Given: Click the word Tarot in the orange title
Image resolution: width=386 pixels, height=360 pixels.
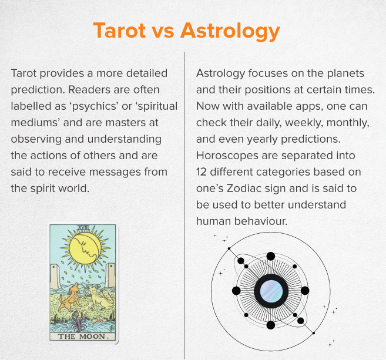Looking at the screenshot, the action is [120, 31].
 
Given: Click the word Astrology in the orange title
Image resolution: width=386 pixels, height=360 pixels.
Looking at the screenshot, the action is [230, 32].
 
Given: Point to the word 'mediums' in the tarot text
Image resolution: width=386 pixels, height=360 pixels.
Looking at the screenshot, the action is [34, 123].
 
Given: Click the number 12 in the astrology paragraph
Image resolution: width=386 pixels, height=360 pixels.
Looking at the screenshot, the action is [201, 172].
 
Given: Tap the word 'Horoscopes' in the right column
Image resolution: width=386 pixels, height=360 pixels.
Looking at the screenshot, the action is [227, 156].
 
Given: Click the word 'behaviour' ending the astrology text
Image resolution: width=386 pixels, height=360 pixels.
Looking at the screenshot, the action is [261, 221].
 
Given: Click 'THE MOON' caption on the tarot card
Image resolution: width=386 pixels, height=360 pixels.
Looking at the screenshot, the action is [82, 337].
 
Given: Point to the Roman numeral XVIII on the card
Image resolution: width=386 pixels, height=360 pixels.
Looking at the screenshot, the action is [83, 228].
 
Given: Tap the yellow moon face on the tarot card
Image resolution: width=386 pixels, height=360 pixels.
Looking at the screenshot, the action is [85, 249].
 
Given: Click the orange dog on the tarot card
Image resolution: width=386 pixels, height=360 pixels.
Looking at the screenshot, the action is [69, 297].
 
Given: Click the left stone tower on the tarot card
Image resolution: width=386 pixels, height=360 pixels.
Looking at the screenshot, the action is [55, 277].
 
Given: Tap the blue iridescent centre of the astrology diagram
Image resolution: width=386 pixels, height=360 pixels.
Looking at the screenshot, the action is [271, 291].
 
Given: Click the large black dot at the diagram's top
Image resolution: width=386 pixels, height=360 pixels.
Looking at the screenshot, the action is [271, 256].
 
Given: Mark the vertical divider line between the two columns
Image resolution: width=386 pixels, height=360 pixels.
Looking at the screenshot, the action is [184, 206].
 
